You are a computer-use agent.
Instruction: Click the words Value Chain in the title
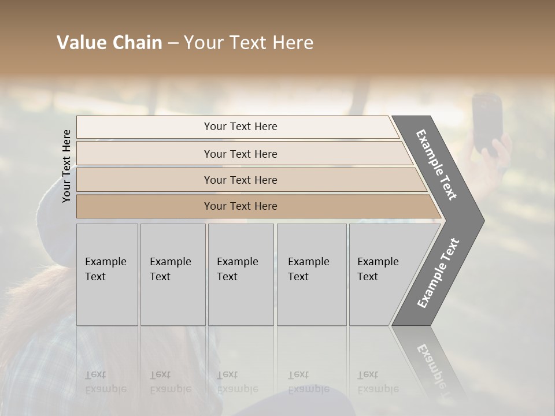tap(109, 43)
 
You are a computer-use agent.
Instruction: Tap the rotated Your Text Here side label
tap(67, 166)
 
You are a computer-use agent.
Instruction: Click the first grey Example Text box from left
tap(107, 274)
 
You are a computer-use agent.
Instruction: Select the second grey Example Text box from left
tap(173, 274)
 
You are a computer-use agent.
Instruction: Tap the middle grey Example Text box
tap(240, 274)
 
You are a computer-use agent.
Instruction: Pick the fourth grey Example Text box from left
tap(312, 274)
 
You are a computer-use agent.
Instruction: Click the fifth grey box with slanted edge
tap(382, 274)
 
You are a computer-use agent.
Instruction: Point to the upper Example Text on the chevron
tap(436, 165)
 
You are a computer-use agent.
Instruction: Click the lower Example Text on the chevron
tap(438, 273)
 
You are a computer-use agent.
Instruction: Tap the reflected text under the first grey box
tap(105, 382)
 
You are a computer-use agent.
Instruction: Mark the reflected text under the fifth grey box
tap(378, 382)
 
